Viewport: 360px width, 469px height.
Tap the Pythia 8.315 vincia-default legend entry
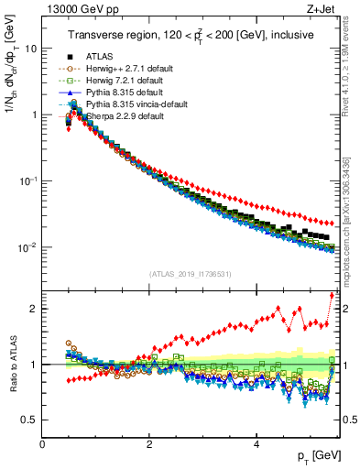(x=128, y=105)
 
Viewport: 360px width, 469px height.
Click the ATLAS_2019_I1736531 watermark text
(x=190, y=273)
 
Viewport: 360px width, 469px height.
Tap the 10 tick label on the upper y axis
(x=31, y=49)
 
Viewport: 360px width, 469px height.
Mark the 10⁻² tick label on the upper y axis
(x=28, y=247)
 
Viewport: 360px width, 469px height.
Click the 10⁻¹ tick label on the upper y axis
(x=28, y=181)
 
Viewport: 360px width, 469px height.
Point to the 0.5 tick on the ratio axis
(x=29, y=420)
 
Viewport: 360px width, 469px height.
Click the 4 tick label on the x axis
(x=256, y=444)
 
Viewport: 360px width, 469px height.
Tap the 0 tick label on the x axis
(x=42, y=444)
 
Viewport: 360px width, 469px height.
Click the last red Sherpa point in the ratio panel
(x=332, y=294)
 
